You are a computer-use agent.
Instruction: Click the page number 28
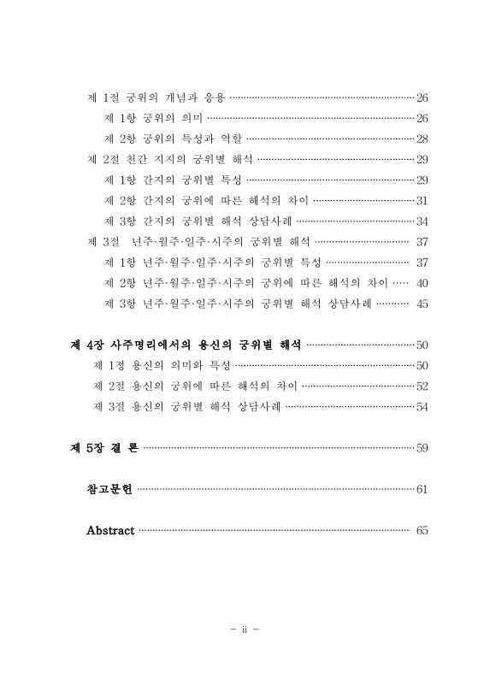[422, 139]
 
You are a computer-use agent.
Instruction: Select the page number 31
[422, 201]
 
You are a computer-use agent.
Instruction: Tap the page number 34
[422, 221]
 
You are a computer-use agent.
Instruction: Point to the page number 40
[422, 283]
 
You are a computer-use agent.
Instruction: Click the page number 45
[422, 304]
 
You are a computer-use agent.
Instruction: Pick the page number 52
[422, 386]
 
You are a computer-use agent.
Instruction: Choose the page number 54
[422, 407]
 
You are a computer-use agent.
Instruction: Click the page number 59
[422, 448]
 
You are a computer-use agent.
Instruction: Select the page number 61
[422, 490]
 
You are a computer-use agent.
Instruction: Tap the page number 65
[422, 531]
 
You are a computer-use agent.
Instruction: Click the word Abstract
[110, 531]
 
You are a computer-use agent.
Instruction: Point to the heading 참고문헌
[109, 490]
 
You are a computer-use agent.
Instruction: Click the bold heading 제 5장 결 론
[103, 448]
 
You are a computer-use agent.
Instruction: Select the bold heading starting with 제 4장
[185, 345]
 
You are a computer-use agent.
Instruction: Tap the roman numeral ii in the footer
[245, 631]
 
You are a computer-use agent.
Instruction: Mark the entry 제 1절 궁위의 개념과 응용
[156, 97]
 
